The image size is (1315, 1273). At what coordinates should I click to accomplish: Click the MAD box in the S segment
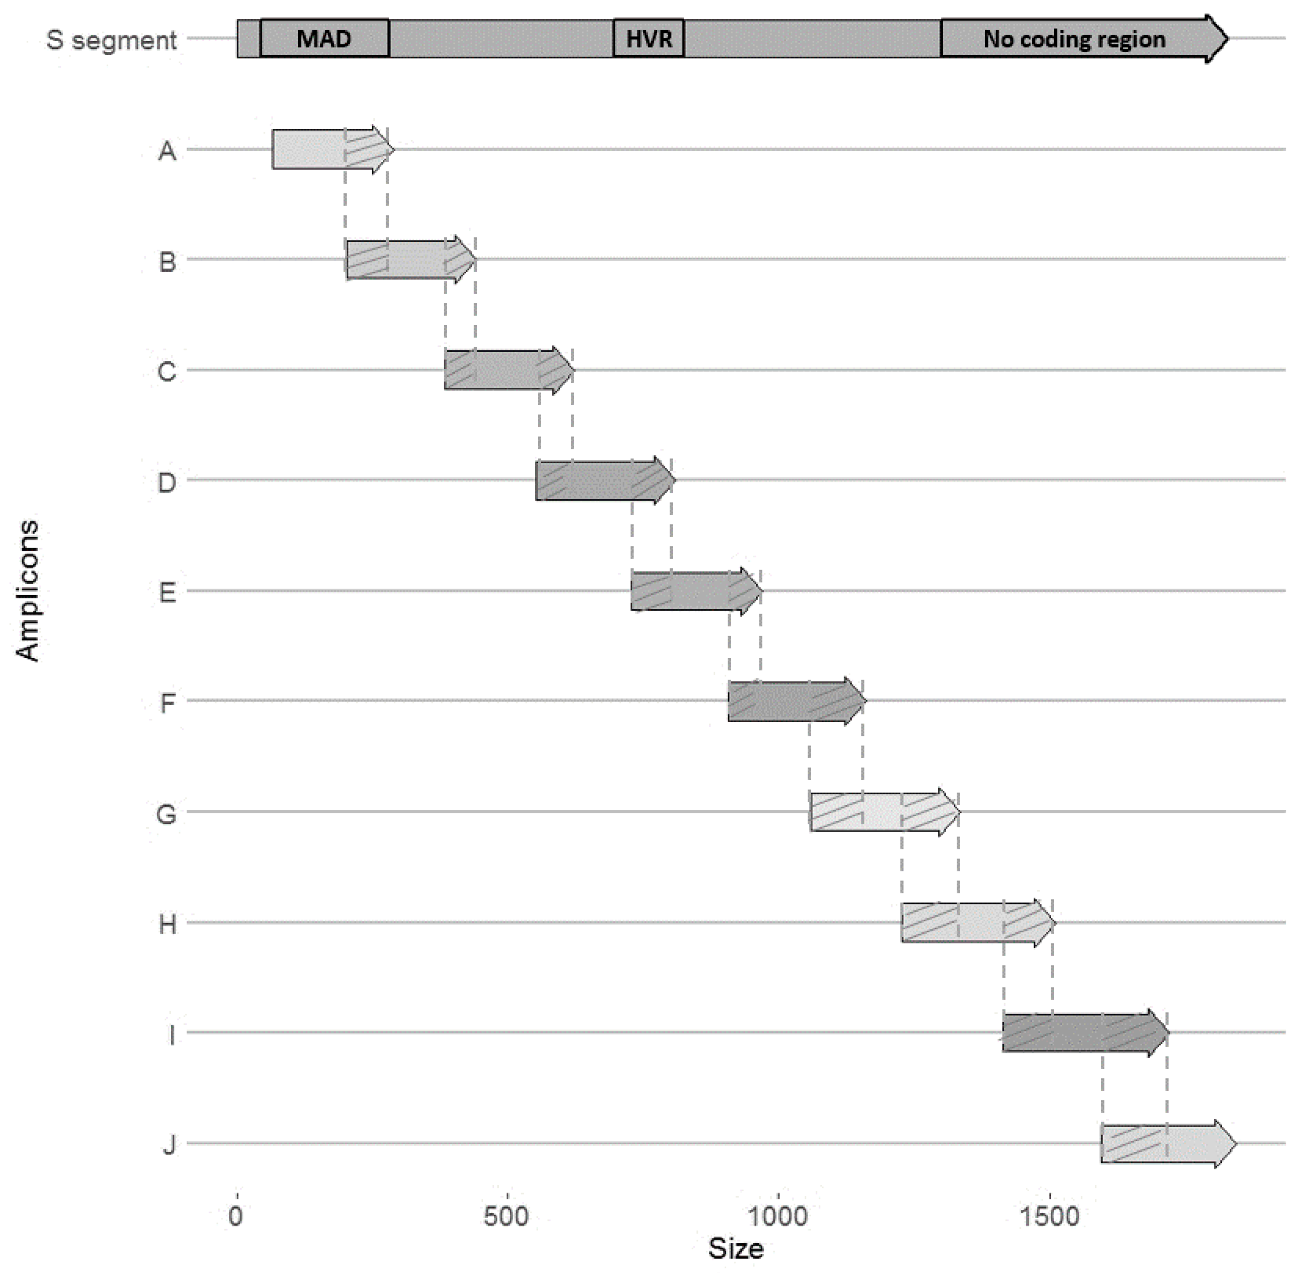pos(324,38)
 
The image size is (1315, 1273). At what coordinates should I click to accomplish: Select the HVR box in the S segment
pos(648,38)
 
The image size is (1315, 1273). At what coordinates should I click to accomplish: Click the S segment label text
pos(111,40)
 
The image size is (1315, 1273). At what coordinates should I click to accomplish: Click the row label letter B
pos(168,262)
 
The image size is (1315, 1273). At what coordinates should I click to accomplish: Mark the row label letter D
pos(167,482)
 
